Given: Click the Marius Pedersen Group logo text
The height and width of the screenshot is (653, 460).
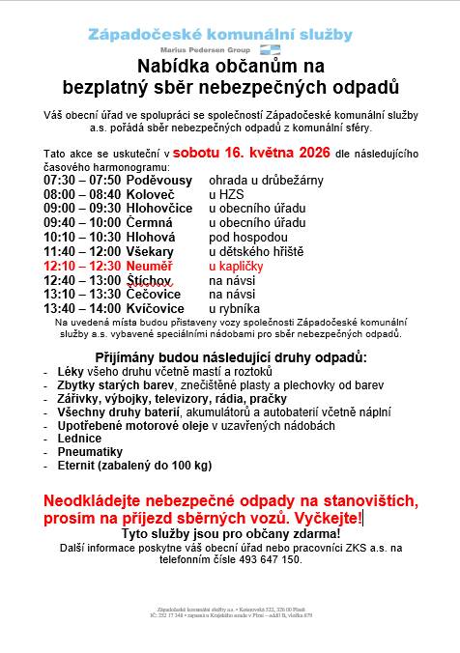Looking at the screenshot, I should [205, 48].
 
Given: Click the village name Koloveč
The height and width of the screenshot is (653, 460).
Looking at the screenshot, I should [153, 194].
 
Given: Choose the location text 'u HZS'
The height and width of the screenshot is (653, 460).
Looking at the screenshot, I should [228, 194].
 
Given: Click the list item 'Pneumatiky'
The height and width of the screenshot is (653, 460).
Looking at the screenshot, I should [89, 451].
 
